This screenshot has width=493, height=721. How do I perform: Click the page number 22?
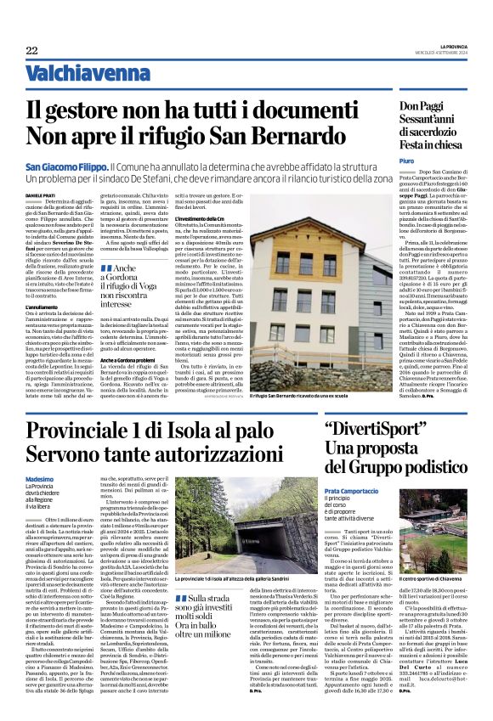[x=31, y=50]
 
